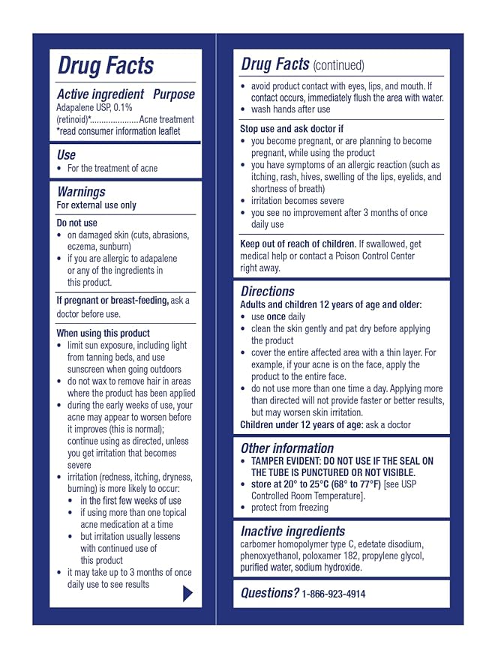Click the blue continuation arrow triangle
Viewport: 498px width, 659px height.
coord(187,593)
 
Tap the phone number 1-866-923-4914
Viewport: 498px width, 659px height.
coord(334,594)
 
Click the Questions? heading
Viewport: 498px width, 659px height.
coord(269,592)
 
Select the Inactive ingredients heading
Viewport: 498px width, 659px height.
coord(292,532)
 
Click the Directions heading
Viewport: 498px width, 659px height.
coord(268,291)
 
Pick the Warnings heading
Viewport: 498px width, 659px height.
coord(81,192)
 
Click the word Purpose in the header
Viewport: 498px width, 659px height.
coord(173,94)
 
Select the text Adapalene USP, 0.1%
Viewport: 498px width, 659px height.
coord(94,107)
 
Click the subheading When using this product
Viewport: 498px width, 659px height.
coord(103,333)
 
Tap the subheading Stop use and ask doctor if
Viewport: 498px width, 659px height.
coord(292,129)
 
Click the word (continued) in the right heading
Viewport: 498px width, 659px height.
coord(338,66)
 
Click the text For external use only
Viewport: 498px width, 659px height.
coord(97,205)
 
